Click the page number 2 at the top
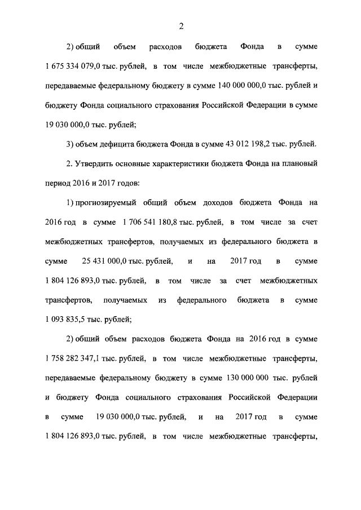181,25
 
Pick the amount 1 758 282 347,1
78,358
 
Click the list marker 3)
70,144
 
